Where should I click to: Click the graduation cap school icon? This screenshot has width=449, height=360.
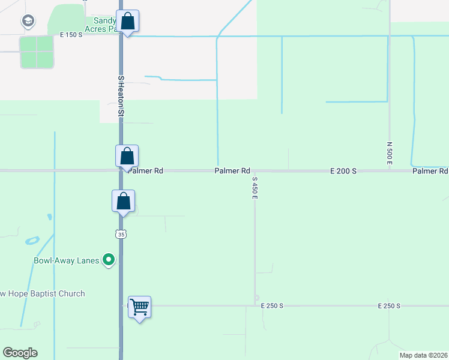pyautogui.click(x=27, y=22)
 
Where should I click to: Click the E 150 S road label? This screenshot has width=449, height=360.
pyautogui.click(x=71, y=35)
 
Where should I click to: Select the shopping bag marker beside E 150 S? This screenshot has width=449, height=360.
pyautogui.click(x=127, y=22)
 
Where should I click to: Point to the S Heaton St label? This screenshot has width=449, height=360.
pyautogui.click(x=121, y=95)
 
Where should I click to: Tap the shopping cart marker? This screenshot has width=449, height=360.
pyautogui.click(x=139, y=308)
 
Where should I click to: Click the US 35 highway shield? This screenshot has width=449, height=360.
pyautogui.click(x=122, y=235)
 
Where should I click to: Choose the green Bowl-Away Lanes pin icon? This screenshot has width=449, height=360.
pyautogui.click(x=109, y=260)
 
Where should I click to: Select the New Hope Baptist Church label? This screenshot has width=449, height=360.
pyautogui.click(x=42, y=293)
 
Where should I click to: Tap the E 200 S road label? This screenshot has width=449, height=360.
pyautogui.click(x=343, y=171)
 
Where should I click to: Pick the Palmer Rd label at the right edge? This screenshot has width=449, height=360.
pyautogui.click(x=430, y=171)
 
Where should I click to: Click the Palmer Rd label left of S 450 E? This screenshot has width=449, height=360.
pyautogui.click(x=232, y=171)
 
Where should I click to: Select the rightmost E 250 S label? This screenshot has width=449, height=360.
pyautogui.click(x=389, y=306)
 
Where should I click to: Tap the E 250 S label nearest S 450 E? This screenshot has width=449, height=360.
pyautogui.click(x=272, y=306)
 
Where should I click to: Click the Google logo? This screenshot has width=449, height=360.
pyautogui.click(x=20, y=353)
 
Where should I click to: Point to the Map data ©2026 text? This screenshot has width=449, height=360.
pyautogui.click(x=423, y=355)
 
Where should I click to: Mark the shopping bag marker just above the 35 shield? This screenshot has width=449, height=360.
pyautogui.click(x=123, y=201)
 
